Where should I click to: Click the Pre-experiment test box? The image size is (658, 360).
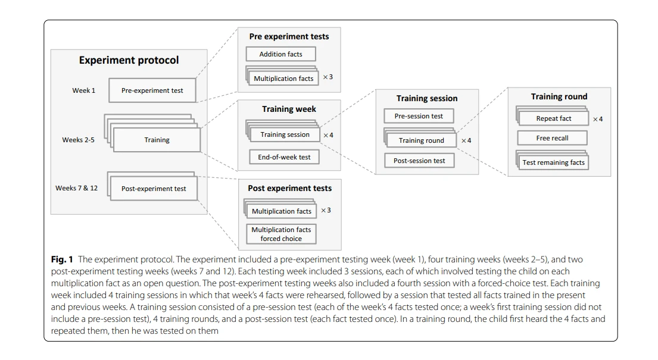(152, 90)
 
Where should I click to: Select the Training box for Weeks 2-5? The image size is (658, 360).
(157, 140)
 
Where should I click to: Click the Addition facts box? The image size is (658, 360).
(280, 54)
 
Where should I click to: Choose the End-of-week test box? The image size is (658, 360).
(284, 157)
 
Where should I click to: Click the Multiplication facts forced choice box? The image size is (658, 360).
(281, 234)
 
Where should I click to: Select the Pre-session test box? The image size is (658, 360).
(419, 116)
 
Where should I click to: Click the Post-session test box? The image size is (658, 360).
(419, 161)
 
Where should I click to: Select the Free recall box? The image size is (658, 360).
(552, 138)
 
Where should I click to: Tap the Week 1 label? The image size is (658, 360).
(83, 90)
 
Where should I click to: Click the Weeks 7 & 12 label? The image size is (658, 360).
(76, 188)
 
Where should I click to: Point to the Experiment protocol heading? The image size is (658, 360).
(129, 60)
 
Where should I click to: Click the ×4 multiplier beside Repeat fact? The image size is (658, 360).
(598, 119)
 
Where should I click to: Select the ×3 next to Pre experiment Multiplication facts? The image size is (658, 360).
(328, 77)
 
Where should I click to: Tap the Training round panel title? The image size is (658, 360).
(559, 96)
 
